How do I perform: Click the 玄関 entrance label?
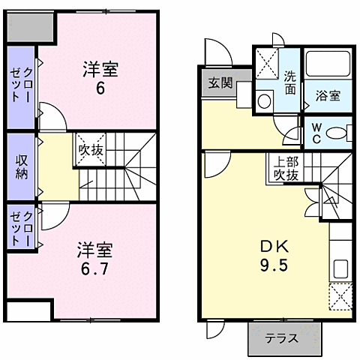(220, 82)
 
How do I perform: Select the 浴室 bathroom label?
(328, 95)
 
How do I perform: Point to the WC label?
(316, 133)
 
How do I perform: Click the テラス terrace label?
(284, 337)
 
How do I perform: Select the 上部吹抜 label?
(284, 169)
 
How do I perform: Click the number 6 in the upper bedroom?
(100, 88)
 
